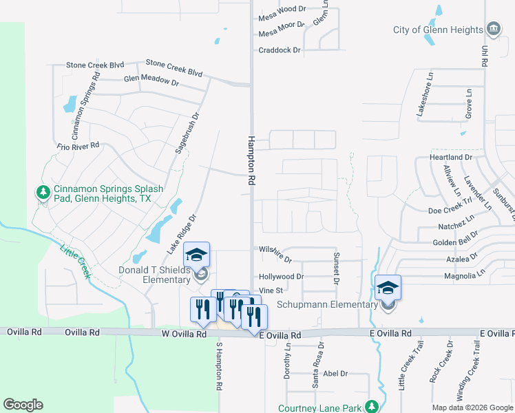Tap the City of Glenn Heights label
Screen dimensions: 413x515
[x=438, y=30]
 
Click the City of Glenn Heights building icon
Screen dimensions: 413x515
[x=493, y=29]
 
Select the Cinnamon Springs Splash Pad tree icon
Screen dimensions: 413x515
[x=43, y=191]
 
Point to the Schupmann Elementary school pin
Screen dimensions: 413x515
[x=388, y=289]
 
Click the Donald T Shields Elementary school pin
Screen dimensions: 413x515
[x=197, y=255]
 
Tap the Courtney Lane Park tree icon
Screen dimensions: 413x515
[x=372, y=407]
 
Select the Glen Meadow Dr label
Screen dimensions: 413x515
[x=151, y=81]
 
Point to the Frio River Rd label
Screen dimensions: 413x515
[x=78, y=146]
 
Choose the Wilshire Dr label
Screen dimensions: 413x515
[x=275, y=253]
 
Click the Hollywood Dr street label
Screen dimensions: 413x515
[x=281, y=277]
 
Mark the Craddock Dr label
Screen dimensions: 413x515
[x=280, y=50]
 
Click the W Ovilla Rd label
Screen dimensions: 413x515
[x=184, y=334]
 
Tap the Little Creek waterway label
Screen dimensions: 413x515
[x=75, y=261]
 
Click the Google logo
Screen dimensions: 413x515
[x=23, y=405]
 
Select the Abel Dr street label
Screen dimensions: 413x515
[x=335, y=374]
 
